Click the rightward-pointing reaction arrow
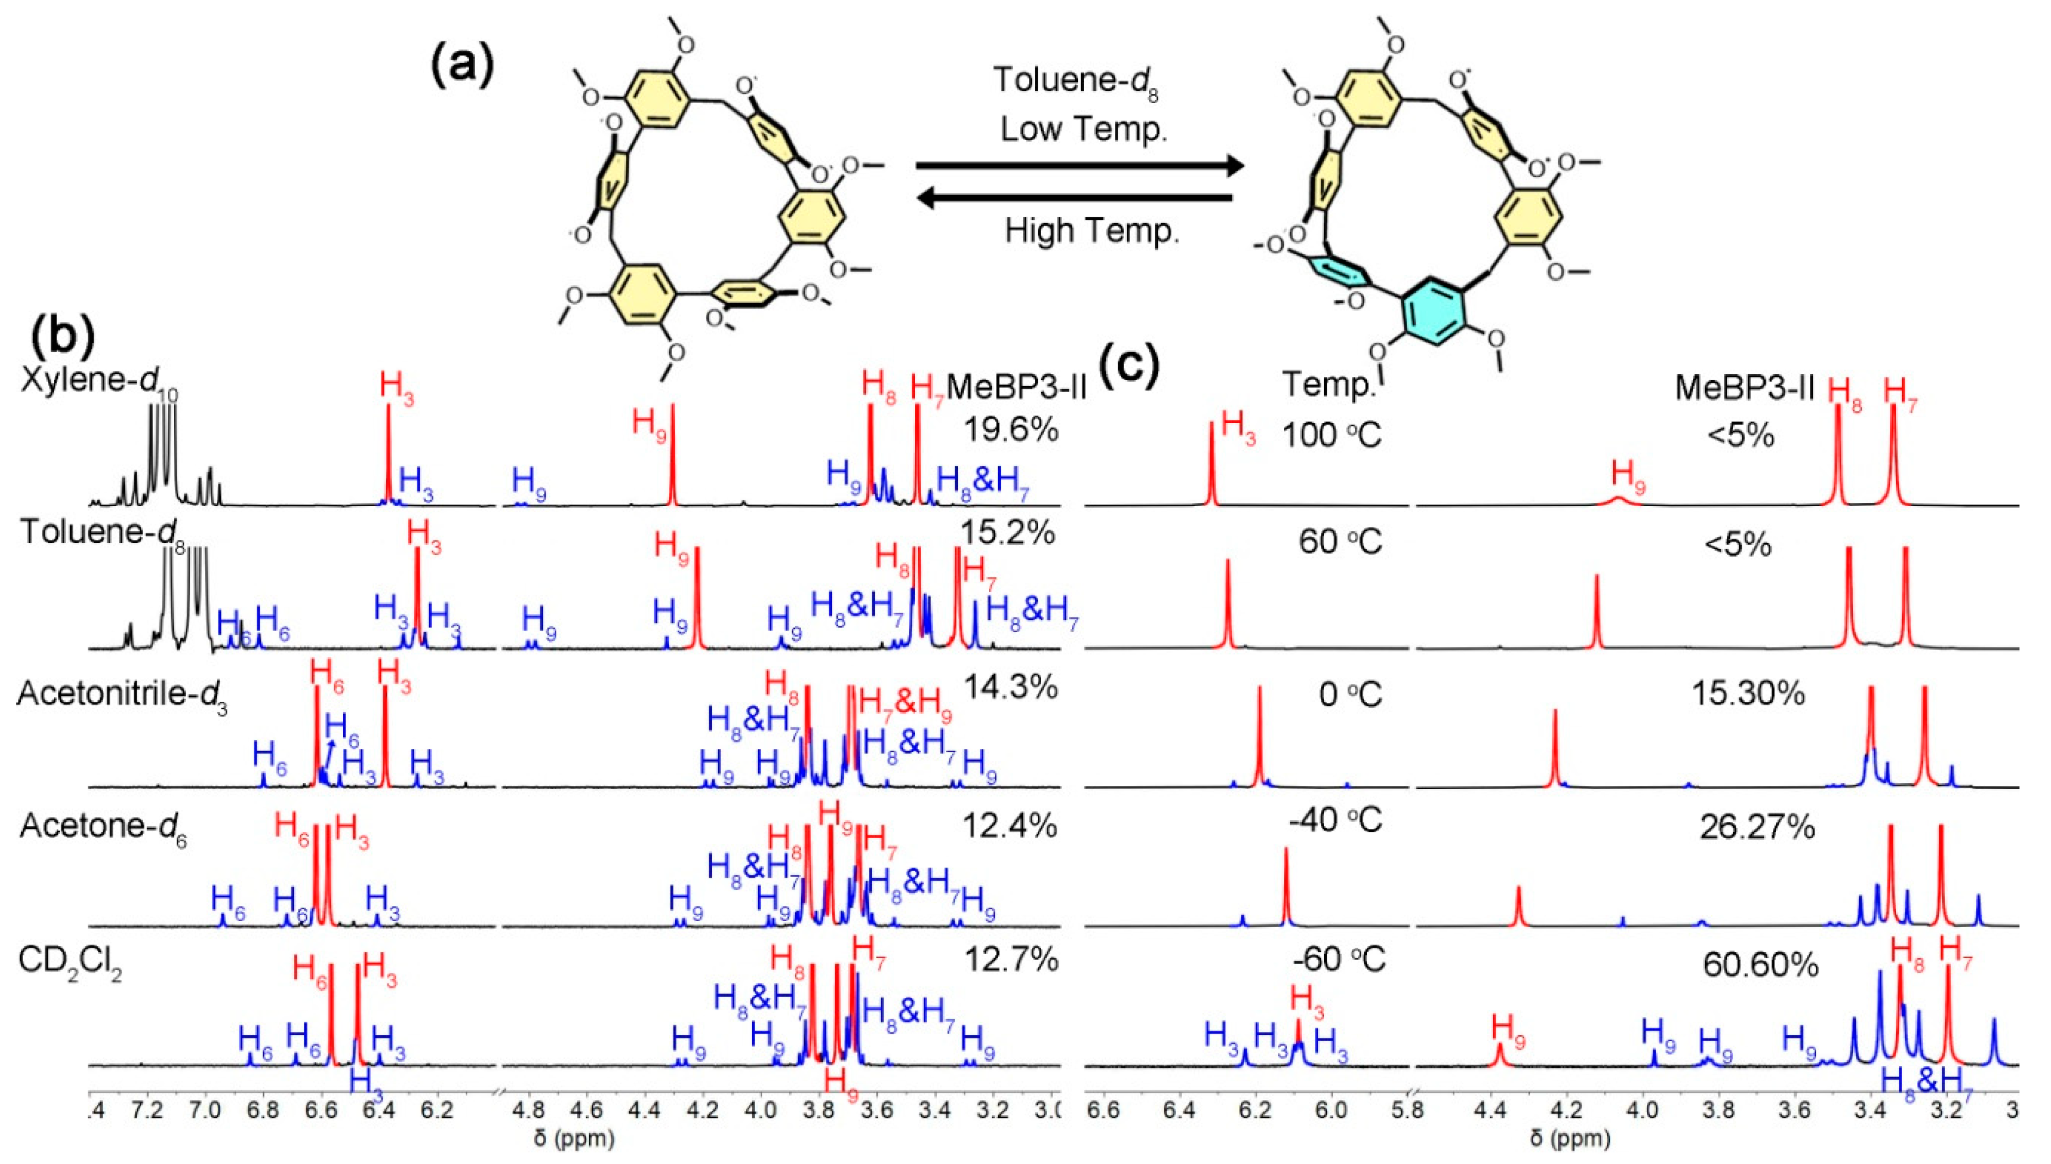[x=1080, y=166]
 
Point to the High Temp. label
[x=1092, y=232]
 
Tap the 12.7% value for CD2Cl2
[x=1012, y=959]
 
